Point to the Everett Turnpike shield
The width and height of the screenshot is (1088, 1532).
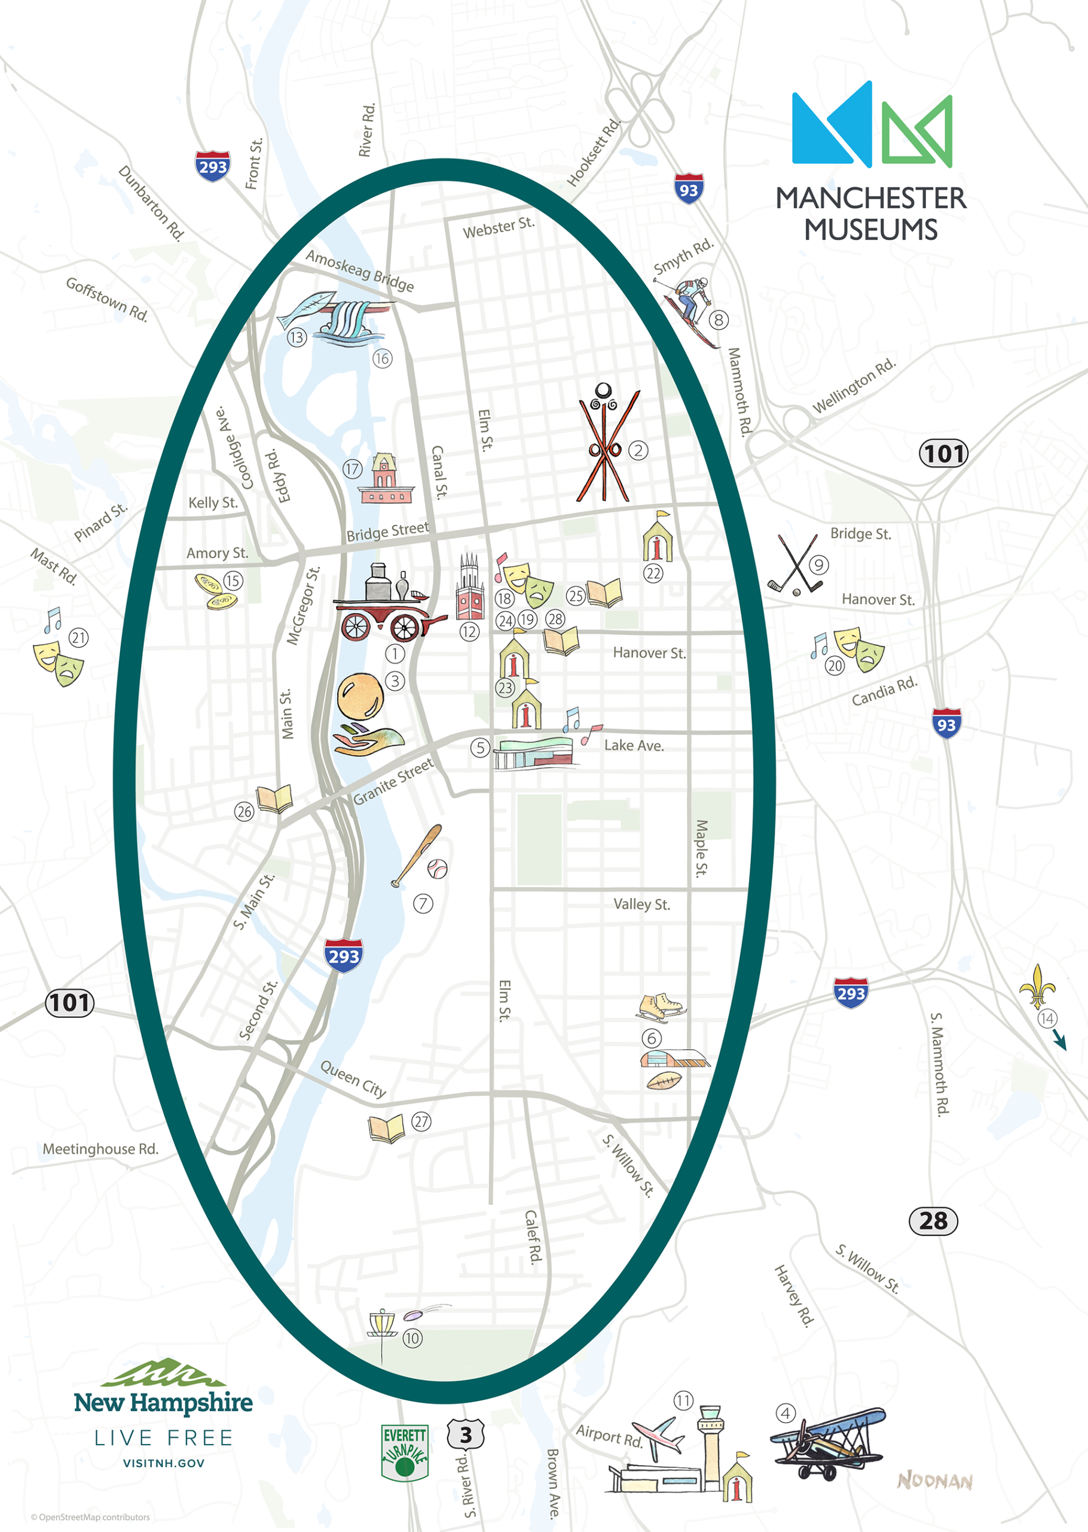(405, 1452)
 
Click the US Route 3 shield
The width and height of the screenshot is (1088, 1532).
(466, 1436)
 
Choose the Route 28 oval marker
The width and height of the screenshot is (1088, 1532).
(933, 1221)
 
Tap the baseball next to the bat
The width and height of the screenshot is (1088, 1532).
(437, 869)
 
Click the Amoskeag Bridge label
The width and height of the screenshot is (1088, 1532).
(360, 270)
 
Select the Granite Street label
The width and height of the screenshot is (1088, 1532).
(393, 782)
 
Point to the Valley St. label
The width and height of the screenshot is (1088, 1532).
(641, 904)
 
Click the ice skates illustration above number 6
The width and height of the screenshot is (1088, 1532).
(660, 1007)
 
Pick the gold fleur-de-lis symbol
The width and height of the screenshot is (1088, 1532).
(1037, 986)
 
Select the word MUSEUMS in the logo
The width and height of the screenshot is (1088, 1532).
(870, 230)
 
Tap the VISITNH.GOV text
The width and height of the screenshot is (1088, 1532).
(163, 1463)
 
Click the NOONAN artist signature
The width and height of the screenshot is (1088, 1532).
(934, 1481)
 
